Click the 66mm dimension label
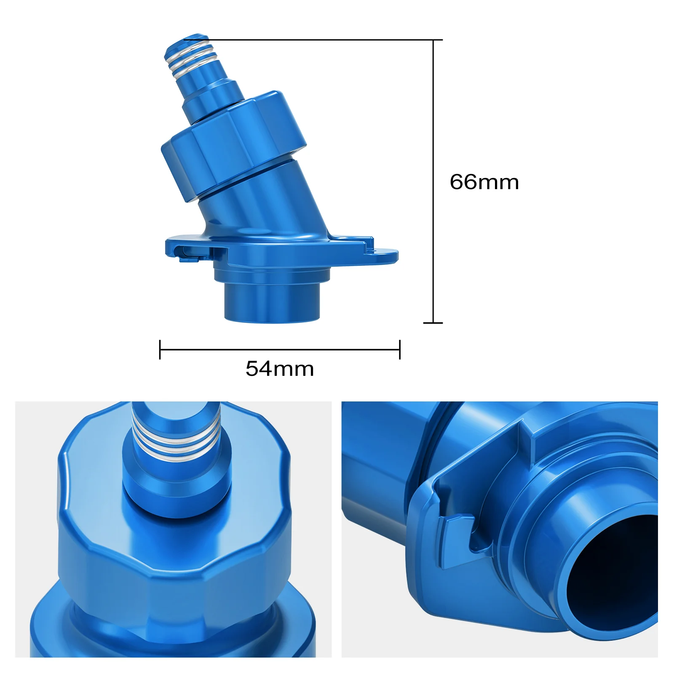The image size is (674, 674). pos(484,182)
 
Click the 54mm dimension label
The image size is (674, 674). pos(280,369)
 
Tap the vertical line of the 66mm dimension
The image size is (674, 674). pos(433,181)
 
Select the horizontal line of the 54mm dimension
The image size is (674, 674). pos(280,349)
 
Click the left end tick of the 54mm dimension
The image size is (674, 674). pos(160,349)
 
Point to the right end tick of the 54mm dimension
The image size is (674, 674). pos(400,349)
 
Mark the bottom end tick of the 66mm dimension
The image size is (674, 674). pos(433,323)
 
